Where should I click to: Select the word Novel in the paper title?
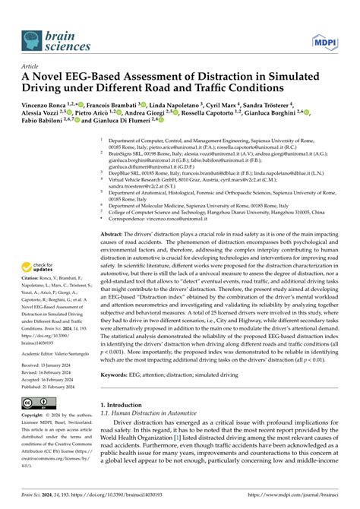click(58, 76)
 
